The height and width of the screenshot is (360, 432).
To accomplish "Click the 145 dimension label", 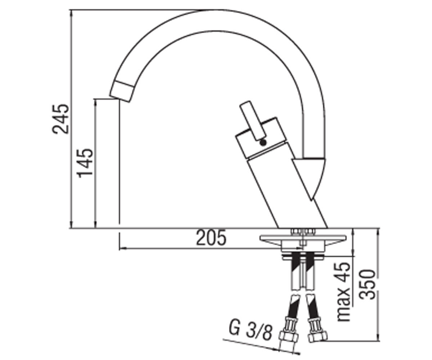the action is [x=85, y=163].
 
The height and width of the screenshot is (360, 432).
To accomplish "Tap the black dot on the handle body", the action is [x=263, y=143].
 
